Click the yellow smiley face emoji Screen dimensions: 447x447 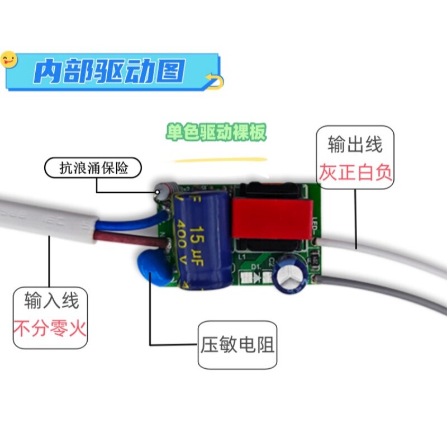(x=9, y=59)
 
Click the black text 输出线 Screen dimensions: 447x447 (x=355, y=145)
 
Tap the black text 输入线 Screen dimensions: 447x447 (x=51, y=302)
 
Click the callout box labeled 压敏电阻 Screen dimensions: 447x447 (x=237, y=344)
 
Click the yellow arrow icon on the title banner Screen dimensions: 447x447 (x=213, y=81)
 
